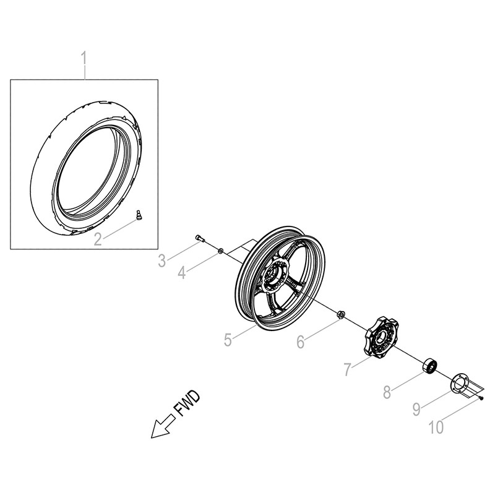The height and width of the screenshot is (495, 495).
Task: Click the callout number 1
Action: point(85,60)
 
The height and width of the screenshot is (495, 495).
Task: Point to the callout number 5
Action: point(228,339)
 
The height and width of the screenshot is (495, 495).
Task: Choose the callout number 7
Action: point(348,370)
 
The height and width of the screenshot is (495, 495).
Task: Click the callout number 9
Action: point(417,408)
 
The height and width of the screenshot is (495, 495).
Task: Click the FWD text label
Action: point(190,406)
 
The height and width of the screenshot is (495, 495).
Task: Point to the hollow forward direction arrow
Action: point(162,427)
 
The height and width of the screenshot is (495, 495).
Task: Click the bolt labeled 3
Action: point(199,238)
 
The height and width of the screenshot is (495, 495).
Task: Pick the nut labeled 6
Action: point(339,316)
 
